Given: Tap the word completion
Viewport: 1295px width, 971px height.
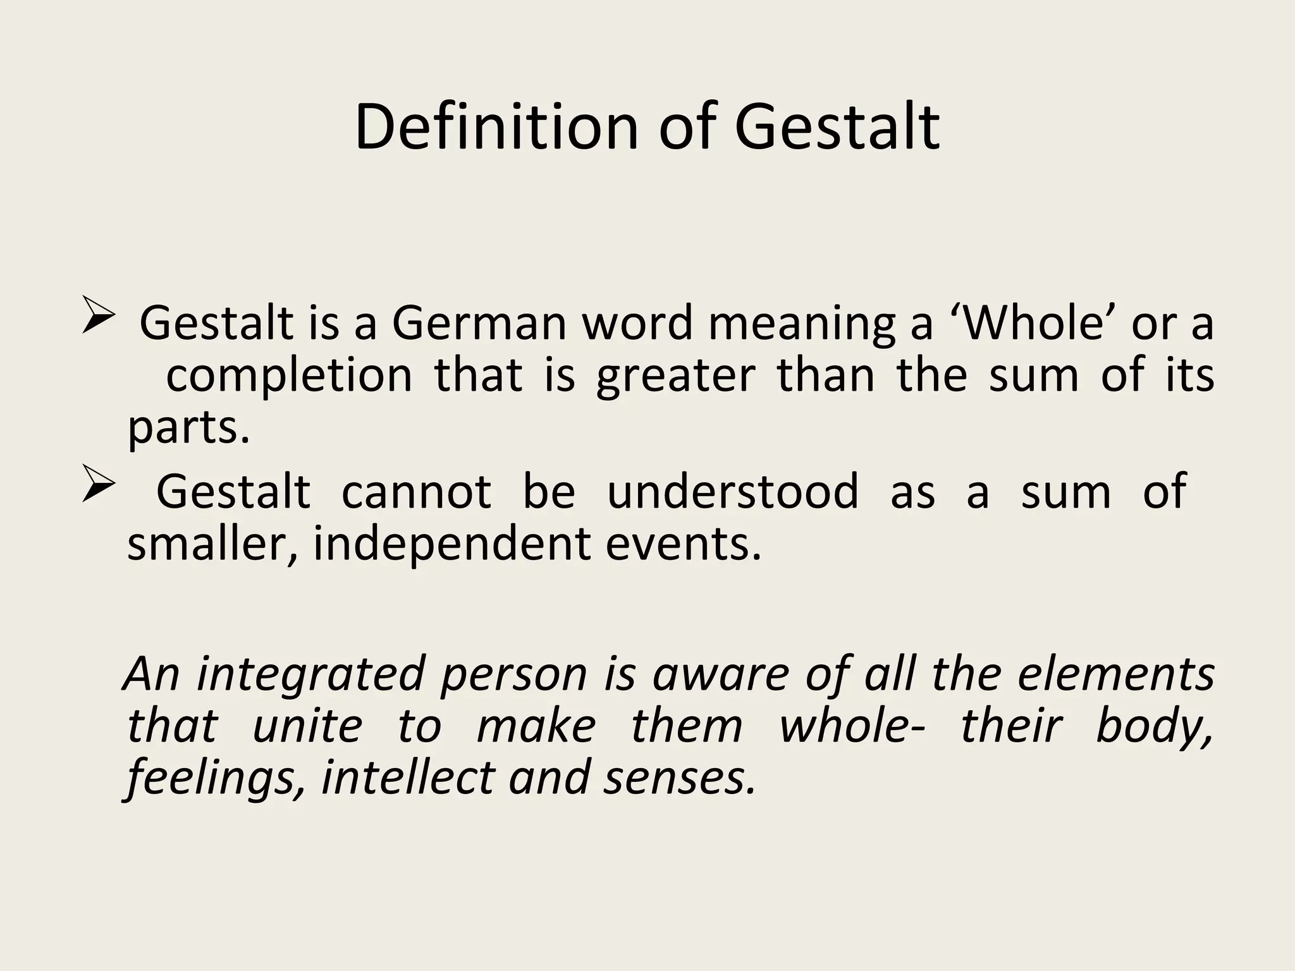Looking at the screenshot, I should point(289,376).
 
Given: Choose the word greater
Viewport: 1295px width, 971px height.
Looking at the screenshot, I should point(675,377).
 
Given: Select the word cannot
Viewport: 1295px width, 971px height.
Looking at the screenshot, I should point(416,491).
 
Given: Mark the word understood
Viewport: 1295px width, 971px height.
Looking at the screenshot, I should point(733,491).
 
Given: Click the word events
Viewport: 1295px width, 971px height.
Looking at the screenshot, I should point(683,544).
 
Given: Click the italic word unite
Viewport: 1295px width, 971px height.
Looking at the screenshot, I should point(307,726).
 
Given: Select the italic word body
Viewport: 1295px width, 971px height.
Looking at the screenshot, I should point(1155,728).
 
